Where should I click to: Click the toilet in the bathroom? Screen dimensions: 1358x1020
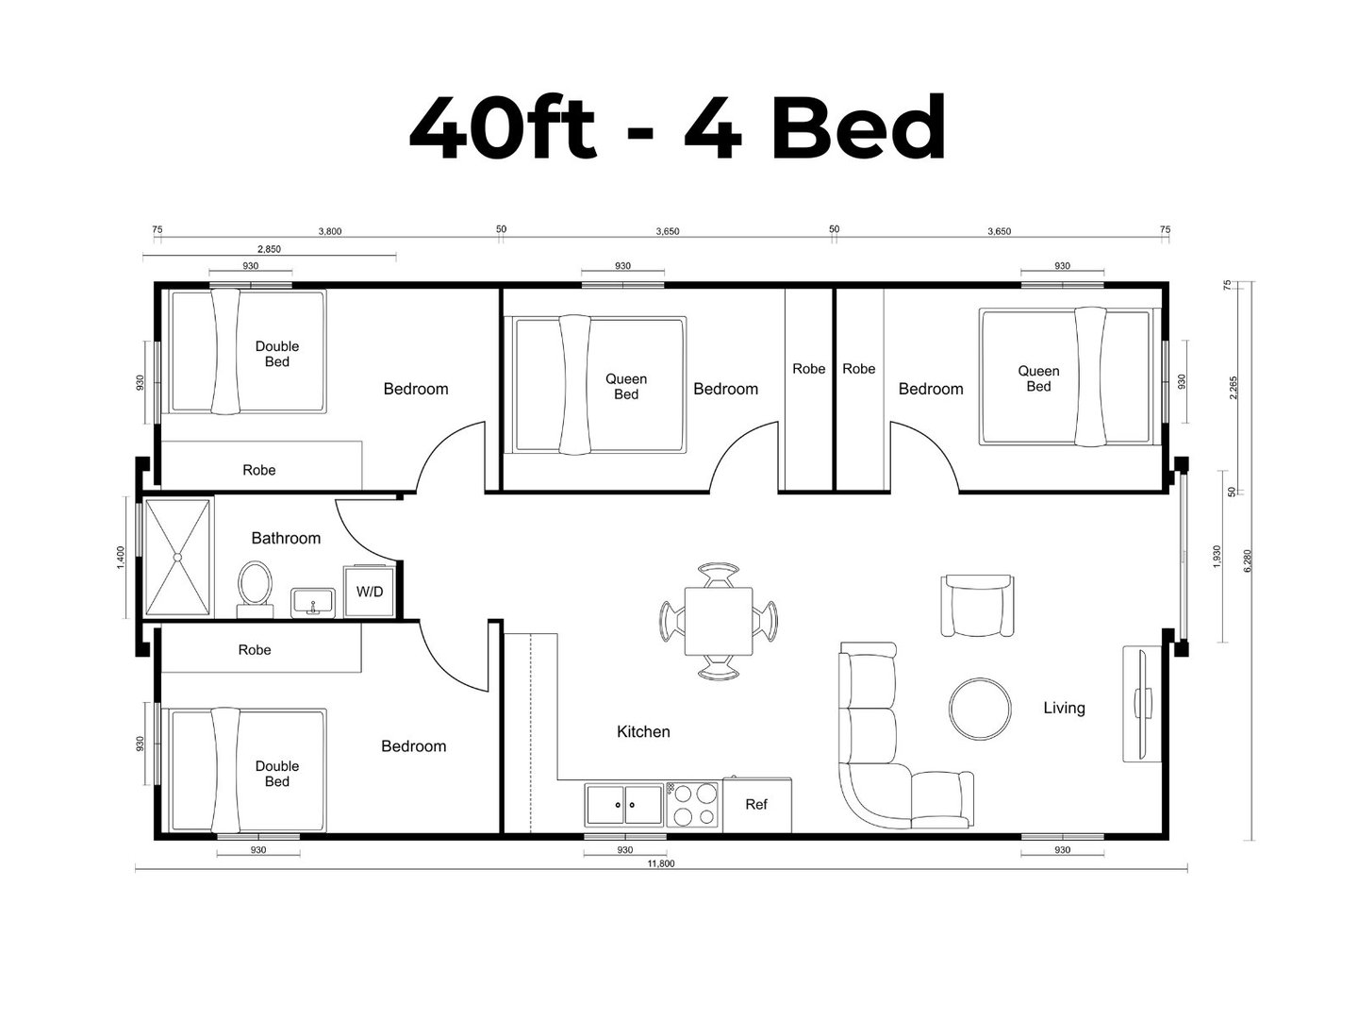[255, 589]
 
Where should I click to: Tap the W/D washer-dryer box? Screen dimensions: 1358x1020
[370, 591]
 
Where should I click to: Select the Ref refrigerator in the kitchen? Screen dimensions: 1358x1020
[756, 804]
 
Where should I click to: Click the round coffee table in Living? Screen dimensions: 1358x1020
[980, 710]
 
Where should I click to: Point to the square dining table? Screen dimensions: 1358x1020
[719, 621]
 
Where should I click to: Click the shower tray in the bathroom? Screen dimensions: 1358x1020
[177, 558]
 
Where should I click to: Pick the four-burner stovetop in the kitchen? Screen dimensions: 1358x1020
[691, 805]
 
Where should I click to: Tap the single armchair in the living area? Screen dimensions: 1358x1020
[977, 606]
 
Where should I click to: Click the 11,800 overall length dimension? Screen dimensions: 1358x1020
[661, 863]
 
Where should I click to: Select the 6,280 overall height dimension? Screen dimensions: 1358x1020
[1248, 560]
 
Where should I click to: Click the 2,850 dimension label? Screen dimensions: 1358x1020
[269, 249]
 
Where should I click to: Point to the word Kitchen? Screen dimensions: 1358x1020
[643, 731]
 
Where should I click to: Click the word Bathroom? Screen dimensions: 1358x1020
[286, 538]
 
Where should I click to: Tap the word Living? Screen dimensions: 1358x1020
[1064, 708]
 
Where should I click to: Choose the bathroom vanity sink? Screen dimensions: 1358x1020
[313, 603]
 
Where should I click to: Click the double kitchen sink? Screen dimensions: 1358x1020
[624, 805]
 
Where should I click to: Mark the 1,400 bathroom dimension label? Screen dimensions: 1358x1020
[121, 557]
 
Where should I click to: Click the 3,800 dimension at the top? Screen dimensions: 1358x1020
[330, 231]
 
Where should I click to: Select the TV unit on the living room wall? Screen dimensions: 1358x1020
[1142, 704]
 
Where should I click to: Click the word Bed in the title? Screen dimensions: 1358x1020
[858, 127]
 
